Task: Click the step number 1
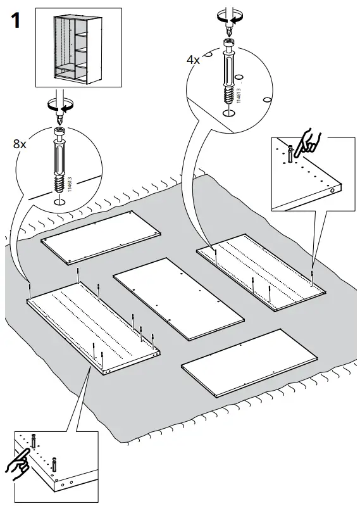(x=16, y=21)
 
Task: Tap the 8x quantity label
(x=20, y=144)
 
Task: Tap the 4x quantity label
(x=193, y=60)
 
